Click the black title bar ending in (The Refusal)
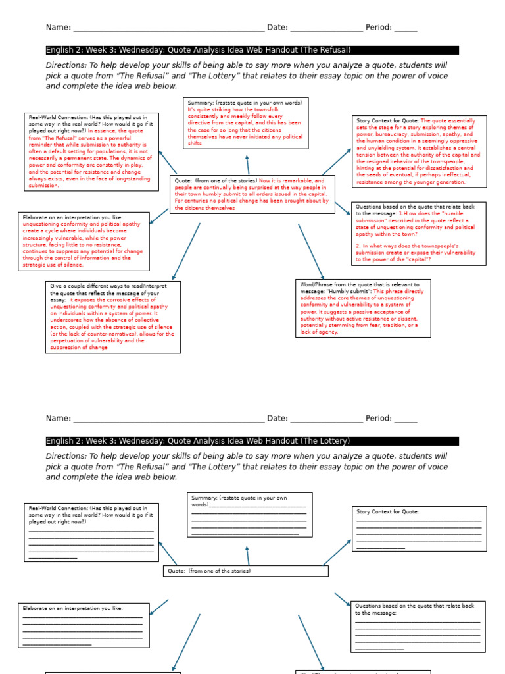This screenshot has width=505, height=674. click(x=252, y=50)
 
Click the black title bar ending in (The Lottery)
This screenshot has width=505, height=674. click(x=252, y=441)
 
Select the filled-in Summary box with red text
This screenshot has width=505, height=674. click(x=247, y=123)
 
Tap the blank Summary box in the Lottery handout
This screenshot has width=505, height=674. click(x=250, y=515)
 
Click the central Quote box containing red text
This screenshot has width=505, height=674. click(x=252, y=194)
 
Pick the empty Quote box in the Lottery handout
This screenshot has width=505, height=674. click(x=245, y=571)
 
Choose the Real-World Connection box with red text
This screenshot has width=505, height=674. click(x=91, y=151)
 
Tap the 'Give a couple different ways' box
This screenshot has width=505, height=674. click(x=112, y=317)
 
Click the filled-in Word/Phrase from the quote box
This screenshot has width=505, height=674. click(x=363, y=308)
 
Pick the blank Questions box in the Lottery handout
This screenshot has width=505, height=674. click(x=418, y=626)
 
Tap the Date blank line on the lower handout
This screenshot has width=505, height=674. click(x=325, y=419)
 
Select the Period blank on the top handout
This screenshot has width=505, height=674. click(x=405, y=28)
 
